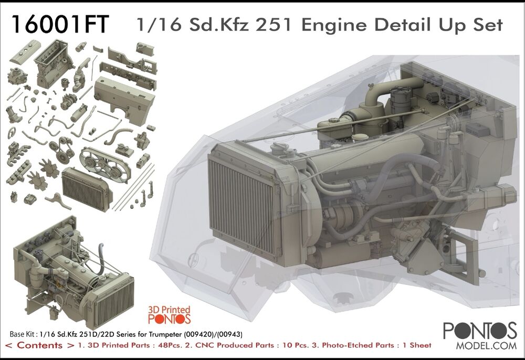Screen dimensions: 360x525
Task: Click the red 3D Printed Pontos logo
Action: [x=169, y=314]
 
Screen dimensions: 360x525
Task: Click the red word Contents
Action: [x=41, y=345]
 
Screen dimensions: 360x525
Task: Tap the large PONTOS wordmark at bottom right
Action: [x=480, y=331]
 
